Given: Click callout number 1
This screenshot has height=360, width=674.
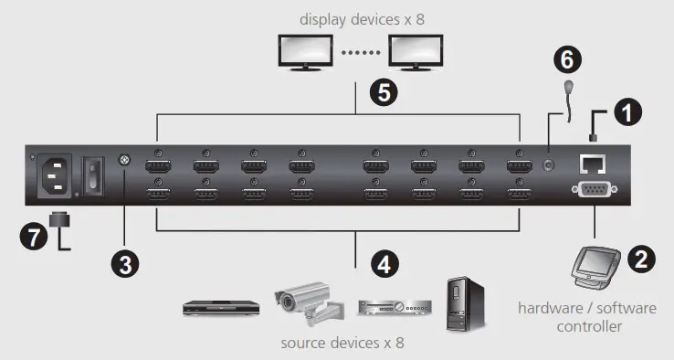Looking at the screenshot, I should tap(627, 112).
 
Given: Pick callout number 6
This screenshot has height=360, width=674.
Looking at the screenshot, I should tap(567, 61).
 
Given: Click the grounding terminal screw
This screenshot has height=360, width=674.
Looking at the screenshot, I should tap(125, 162).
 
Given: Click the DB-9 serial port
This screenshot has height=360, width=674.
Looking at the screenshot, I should tap(593, 191).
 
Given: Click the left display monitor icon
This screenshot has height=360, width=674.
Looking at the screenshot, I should tap(307, 52).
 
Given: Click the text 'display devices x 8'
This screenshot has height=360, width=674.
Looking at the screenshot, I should tap(360, 18).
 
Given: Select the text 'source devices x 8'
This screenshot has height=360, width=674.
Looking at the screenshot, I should tap(342, 343).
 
